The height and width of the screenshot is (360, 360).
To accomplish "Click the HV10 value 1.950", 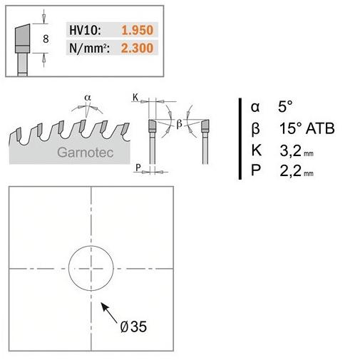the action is point(138,30).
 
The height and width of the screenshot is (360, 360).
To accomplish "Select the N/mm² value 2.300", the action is point(138,48).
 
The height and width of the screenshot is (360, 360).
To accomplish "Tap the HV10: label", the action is point(85,31).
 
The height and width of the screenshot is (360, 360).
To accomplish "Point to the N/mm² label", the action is point(89,48).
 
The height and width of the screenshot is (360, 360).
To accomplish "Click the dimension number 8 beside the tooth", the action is point(46,38).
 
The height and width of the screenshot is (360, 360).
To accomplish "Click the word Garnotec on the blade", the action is point(86,153).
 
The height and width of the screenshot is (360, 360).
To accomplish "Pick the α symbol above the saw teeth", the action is point(88,98).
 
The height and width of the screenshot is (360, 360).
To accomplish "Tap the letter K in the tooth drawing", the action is point(135,97).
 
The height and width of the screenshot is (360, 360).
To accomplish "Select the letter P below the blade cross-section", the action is point(138,168).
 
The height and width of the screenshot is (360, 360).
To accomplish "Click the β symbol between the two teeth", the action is point(180,123).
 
